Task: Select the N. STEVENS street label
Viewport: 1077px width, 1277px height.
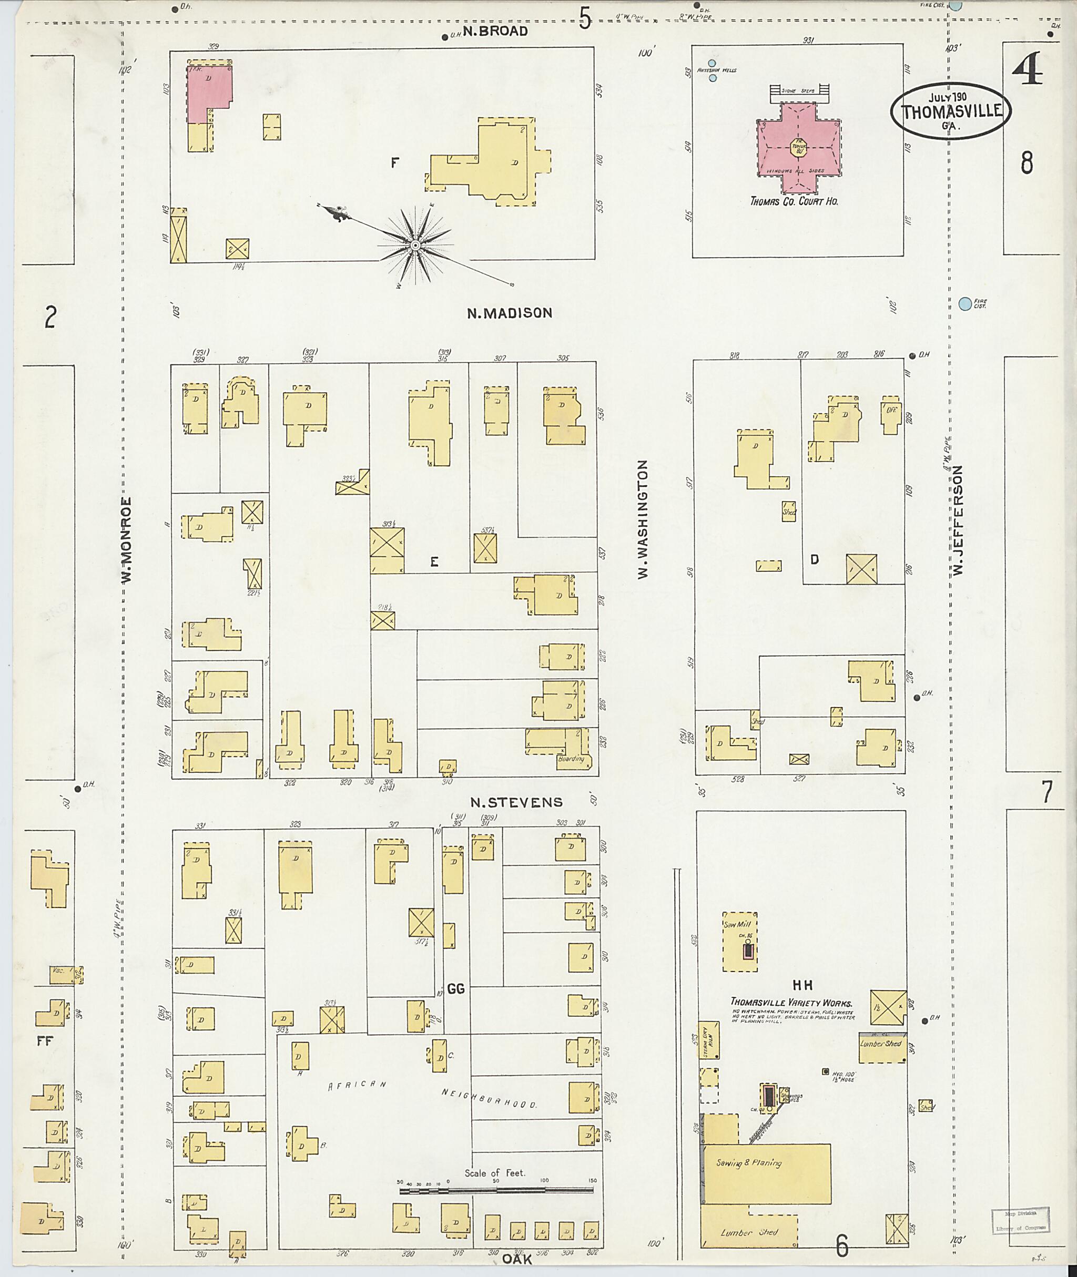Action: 516,802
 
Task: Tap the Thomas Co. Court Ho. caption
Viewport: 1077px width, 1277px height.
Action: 794,201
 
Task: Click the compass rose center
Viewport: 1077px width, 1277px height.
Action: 414,246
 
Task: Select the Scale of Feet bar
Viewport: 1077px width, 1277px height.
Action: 497,1190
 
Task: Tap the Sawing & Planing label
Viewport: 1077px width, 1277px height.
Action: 748,1163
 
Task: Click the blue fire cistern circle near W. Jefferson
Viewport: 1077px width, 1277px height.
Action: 964,303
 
